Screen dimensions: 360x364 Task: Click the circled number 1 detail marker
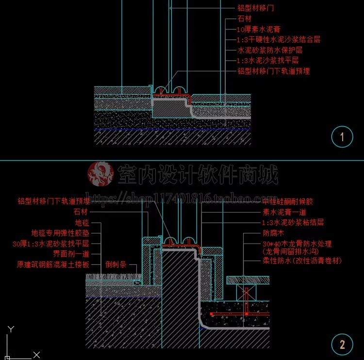[342, 137]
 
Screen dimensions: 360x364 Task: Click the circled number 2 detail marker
[342, 345]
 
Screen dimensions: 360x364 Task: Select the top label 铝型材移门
[256, 8]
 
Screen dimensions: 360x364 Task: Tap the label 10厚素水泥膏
[259, 29]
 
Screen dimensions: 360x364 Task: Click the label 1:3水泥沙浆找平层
[267, 61]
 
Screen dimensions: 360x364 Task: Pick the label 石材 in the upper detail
[245, 19]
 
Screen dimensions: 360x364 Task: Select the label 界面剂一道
[71, 254]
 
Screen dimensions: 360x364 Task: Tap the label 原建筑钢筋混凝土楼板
[53, 265]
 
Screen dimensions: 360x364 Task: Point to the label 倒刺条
[116, 265]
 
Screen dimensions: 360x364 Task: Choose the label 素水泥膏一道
[284, 212]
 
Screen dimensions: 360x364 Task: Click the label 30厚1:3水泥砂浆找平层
[51, 244]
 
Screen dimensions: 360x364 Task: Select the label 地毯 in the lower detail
[82, 223]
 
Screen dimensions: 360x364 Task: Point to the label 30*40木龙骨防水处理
[297, 244]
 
